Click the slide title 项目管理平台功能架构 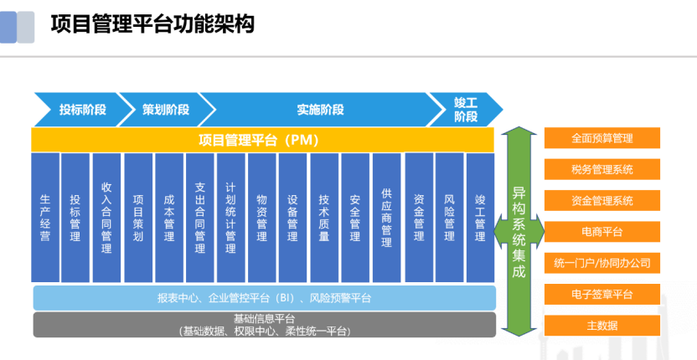(x=152, y=24)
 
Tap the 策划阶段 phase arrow (x=165, y=110)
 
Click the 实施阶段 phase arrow (x=319, y=110)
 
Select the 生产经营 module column (x=45, y=218)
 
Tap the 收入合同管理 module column (x=106, y=218)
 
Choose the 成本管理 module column (x=168, y=218)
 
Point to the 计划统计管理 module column (x=230, y=218)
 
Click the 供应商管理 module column (x=386, y=218)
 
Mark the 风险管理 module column (x=449, y=218)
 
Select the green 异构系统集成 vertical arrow (x=519, y=230)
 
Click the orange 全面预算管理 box (x=602, y=138)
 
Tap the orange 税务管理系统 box (x=602, y=170)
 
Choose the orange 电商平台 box (x=602, y=231)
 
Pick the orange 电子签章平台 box (x=602, y=294)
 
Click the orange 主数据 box (x=602, y=325)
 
